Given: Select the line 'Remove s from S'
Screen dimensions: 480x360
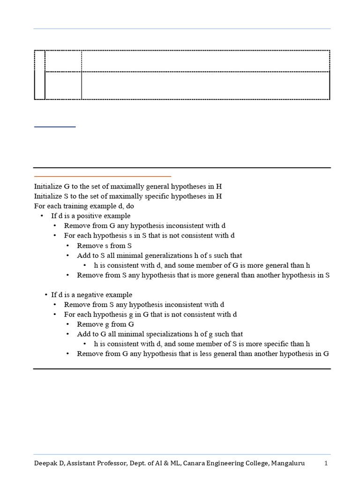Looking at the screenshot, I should coord(104,246).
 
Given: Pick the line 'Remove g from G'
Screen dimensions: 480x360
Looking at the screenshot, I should coord(105,324).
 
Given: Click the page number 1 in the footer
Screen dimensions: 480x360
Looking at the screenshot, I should coord(326,463).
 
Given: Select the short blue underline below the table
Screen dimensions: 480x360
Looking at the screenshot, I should coord(55,127).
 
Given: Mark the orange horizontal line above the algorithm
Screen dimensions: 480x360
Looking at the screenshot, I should coord(102,176).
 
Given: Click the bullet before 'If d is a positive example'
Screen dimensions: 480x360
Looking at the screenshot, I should coord(41,216).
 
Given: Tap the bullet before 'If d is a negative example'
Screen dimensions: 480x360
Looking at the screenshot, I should coord(46,295).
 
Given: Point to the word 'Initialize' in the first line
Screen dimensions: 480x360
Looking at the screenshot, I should coord(48,186).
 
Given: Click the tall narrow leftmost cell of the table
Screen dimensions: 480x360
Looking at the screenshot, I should coord(39,75).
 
